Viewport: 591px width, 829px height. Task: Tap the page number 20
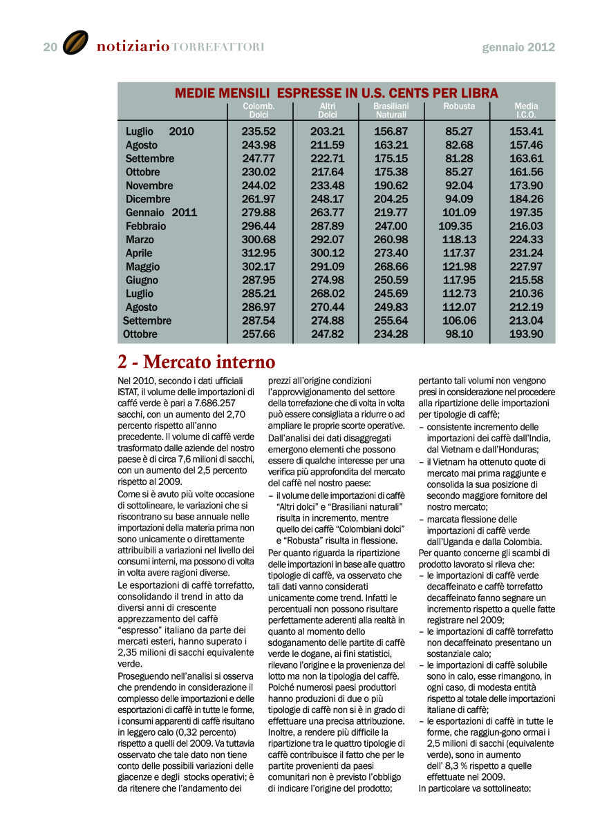coord(50,47)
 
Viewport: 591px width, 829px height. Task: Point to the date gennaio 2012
coord(518,48)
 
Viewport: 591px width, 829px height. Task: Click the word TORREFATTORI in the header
coord(218,47)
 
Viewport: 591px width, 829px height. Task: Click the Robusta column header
coord(459,106)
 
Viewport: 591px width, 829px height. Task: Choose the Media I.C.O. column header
coord(526,111)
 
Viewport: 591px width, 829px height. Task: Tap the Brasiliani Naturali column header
coord(391,111)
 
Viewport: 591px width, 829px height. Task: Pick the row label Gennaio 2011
coord(161,212)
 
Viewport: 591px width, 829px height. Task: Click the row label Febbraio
coord(146,226)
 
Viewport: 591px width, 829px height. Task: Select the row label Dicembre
coord(148,199)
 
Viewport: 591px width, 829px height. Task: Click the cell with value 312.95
coord(259,253)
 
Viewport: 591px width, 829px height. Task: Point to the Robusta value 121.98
coord(459,267)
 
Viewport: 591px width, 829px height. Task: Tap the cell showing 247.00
coord(391,226)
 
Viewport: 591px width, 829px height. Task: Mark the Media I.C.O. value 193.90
coord(526,334)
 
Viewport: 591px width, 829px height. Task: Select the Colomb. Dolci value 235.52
coord(259,131)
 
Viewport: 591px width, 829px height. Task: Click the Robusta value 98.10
coord(459,334)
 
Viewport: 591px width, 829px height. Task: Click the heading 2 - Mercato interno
coord(196,362)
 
